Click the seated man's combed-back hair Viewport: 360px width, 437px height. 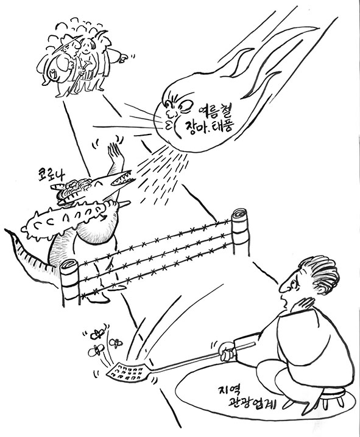click(x=320, y=273)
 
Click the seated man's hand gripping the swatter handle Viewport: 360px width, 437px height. click(x=227, y=352)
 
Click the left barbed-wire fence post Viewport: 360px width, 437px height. click(x=69, y=281)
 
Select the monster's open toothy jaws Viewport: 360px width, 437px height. click(x=121, y=178)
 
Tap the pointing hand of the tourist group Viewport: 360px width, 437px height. click(x=123, y=58)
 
